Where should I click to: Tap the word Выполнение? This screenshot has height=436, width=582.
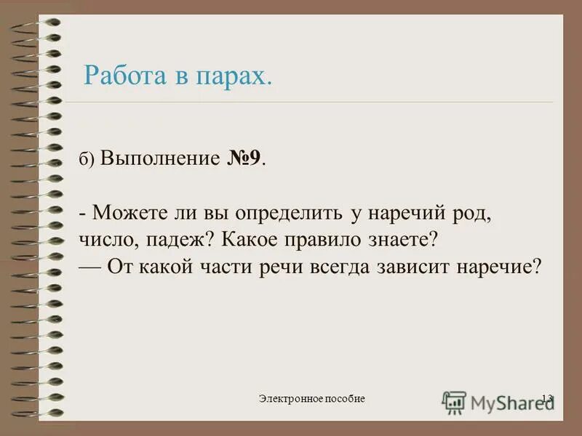pos(160,158)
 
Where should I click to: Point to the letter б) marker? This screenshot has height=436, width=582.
pos(87,160)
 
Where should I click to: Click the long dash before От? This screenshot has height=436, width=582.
pos(90,266)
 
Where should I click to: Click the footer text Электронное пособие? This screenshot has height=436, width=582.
pos(311,399)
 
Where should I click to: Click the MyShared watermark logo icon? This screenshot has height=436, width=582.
pos(455,402)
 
